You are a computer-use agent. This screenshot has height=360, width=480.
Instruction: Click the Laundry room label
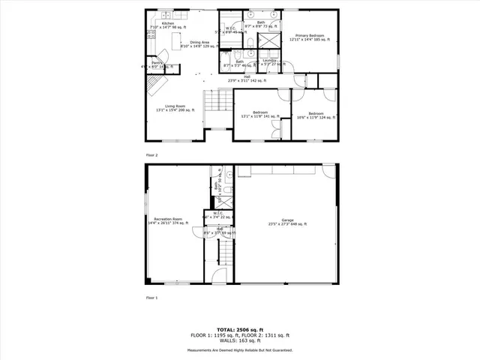point(269,62)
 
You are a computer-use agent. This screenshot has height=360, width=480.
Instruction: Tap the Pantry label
point(157,65)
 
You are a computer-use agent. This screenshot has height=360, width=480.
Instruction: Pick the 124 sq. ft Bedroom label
point(322,115)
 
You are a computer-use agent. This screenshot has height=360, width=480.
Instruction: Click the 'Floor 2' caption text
point(152,154)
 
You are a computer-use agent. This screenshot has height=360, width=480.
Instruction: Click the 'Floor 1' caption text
point(152,298)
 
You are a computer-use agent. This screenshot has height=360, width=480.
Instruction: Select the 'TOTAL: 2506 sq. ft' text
point(239,329)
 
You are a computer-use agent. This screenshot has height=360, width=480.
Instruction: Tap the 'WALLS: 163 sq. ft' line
point(239,341)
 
